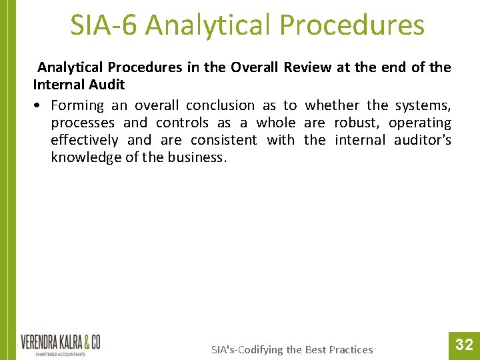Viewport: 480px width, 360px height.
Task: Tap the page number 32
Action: (x=464, y=345)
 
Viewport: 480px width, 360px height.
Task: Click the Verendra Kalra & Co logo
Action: (x=61, y=343)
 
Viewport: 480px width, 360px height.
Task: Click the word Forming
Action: (x=77, y=105)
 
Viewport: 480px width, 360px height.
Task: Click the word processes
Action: (x=83, y=123)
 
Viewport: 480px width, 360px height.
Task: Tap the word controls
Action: (x=182, y=123)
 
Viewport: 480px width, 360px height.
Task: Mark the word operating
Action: (x=420, y=123)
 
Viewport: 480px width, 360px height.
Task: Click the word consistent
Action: (x=223, y=140)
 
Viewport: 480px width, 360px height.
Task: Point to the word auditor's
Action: (x=423, y=140)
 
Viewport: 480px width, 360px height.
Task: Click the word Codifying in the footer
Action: (x=270, y=349)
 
